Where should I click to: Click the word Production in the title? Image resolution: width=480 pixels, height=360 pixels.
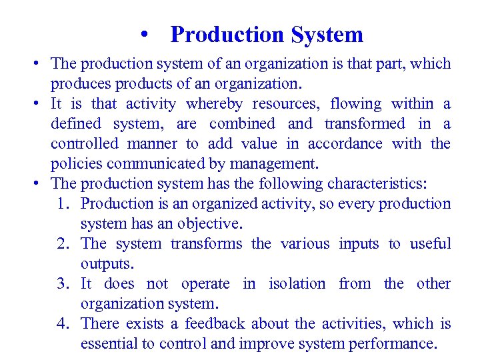226,34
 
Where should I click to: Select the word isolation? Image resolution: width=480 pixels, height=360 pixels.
297,284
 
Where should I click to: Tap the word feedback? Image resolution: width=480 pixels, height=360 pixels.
217,324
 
